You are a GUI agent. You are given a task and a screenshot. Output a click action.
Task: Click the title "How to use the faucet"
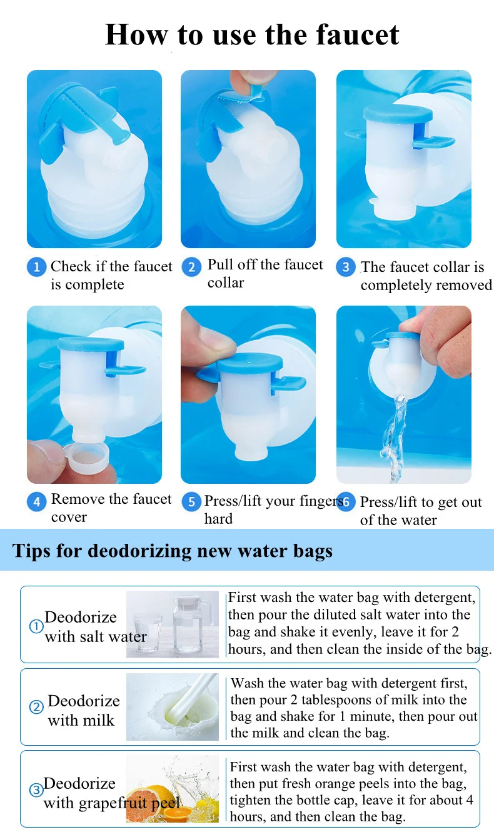pos(252,34)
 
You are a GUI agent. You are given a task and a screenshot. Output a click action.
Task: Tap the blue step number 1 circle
pos(36,268)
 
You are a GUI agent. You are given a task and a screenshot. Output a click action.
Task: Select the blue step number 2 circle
pos(191,268)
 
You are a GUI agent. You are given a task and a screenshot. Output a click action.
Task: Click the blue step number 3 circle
pos(345,268)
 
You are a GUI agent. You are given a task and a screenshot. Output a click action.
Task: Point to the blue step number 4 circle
pos(37,501)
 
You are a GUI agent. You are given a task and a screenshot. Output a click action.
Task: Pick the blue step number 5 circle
pos(191,502)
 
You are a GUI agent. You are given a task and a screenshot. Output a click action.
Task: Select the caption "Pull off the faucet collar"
pos(265,273)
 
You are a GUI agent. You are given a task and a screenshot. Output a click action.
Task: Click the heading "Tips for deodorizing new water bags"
pos(173,551)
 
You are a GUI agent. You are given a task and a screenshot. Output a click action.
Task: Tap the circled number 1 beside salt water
pos(36,626)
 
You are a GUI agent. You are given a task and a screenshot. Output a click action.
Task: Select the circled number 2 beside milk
pos(36,708)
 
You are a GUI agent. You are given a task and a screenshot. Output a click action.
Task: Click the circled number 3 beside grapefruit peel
pos(36,790)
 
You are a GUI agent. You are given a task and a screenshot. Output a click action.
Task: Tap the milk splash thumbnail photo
pos(173,706)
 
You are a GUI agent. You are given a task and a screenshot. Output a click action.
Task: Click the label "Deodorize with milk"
pos(83,710)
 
